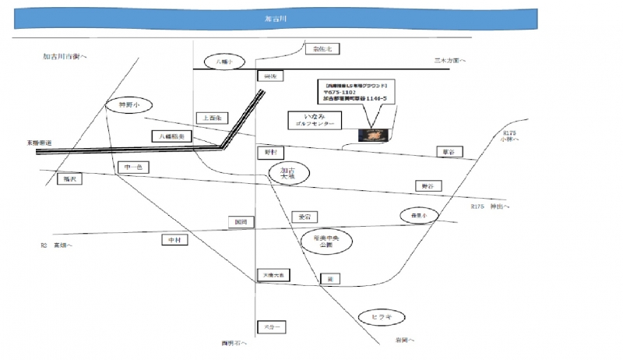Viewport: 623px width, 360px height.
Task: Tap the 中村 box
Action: point(174,241)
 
